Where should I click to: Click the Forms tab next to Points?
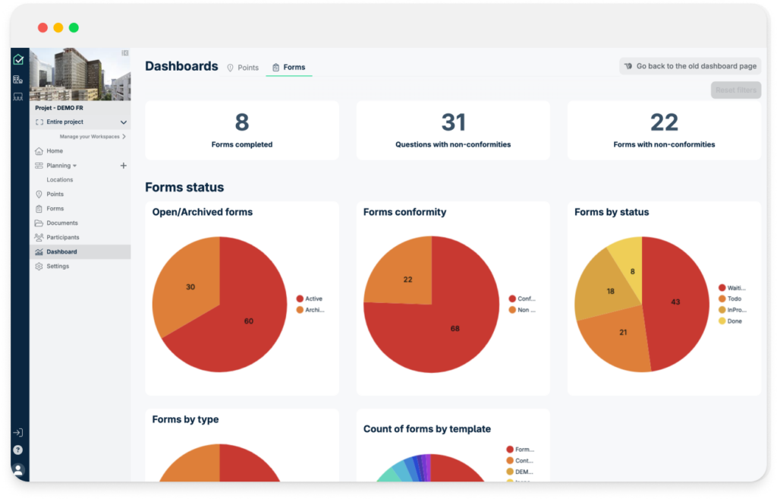pyautogui.click(x=289, y=68)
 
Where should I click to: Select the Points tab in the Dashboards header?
pyautogui.click(x=243, y=68)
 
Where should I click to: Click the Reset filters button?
pyautogui.click(x=735, y=90)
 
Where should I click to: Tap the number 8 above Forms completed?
pyautogui.click(x=242, y=122)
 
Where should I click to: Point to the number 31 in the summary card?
pyautogui.click(x=453, y=122)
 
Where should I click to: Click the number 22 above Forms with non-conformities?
pyautogui.click(x=664, y=122)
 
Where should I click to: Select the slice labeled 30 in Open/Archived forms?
pyautogui.click(x=190, y=286)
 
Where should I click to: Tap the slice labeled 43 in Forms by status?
pyautogui.click(x=675, y=302)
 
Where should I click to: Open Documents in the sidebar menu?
pyautogui.click(x=61, y=223)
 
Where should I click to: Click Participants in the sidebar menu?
pyautogui.click(x=62, y=237)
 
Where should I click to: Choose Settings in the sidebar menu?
pyautogui.click(x=57, y=266)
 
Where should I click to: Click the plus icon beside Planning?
pyautogui.click(x=124, y=166)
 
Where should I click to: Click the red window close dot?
pyautogui.click(x=43, y=27)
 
